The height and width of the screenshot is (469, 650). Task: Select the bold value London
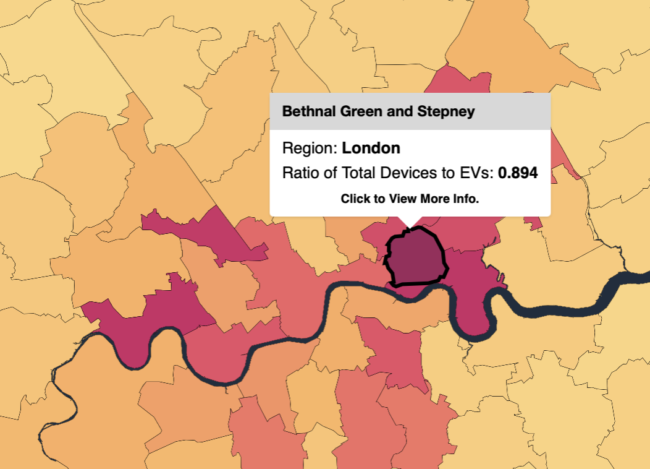[371, 148]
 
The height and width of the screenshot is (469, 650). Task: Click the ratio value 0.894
[518, 173]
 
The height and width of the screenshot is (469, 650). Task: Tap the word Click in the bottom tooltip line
[355, 199]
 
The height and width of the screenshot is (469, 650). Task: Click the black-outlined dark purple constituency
[415, 258]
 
